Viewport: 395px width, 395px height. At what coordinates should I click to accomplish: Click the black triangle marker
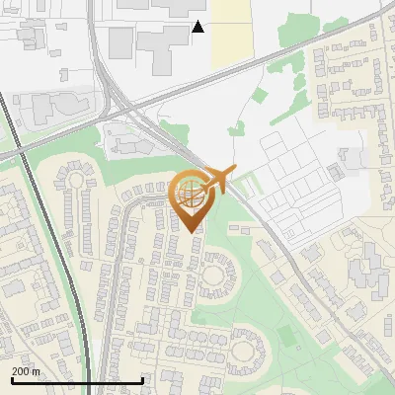tap(198, 27)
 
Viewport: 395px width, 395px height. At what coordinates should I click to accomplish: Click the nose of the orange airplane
tap(233, 173)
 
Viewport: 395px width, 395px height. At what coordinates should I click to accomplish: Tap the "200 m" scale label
tap(27, 371)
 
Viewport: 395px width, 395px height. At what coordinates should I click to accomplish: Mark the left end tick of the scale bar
tap(11, 379)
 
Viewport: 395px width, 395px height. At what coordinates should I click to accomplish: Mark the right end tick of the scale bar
tap(143, 379)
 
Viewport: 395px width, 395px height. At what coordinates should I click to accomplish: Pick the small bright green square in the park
tap(286, 335)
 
